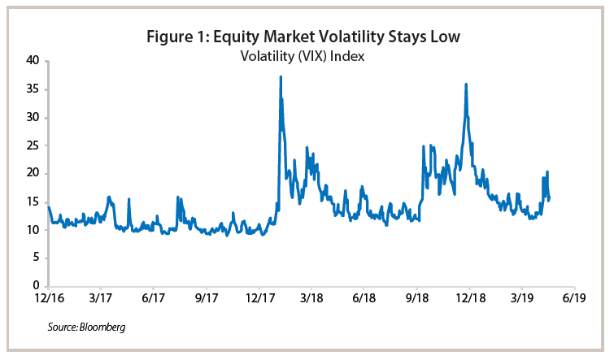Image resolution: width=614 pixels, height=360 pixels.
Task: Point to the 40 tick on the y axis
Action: tap(32, 61)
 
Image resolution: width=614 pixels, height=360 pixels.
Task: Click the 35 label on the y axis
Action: tap(32, 89)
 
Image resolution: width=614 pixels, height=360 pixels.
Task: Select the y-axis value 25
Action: tap(32, 145)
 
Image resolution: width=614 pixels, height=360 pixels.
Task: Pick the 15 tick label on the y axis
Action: tap(32, 202)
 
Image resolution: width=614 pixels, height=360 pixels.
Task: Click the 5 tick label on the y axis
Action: tap(35, 258)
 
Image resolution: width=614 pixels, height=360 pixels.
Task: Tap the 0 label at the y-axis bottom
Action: tap(35, 286)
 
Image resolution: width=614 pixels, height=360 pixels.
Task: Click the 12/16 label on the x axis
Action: tap(49, 298)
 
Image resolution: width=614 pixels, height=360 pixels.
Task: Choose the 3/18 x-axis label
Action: tap(311, 298)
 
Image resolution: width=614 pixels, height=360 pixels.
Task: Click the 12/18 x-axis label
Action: tap(469, 298)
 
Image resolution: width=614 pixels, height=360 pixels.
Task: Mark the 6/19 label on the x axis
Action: tap(575, 298)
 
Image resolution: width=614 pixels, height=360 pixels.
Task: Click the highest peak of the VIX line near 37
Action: tap(281, 77)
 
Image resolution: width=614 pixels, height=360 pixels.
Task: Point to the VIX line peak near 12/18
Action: tap(466, 84)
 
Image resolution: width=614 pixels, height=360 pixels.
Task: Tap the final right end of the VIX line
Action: tap(550, 198)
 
